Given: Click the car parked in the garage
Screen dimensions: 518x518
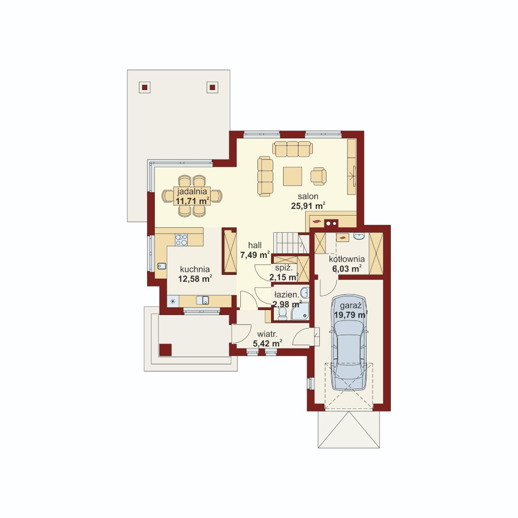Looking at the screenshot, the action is pos(349,342).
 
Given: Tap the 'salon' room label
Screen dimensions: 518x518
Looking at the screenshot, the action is pos(308,196).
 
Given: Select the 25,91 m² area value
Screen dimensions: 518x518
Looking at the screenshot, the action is pos(308,206).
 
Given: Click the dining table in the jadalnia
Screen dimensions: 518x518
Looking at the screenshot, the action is pos(192,196).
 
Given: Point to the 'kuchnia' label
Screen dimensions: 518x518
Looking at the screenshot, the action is pos(195,269).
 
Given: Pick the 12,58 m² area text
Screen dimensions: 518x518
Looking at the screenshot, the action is pos(195,279).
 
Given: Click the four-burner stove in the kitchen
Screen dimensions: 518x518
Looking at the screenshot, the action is pos(181,240).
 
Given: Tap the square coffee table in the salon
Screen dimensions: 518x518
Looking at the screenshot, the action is pos(292,176).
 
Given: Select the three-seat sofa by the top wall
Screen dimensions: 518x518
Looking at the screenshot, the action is pos(292,149).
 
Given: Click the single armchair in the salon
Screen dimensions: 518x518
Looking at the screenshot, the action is pos(318,176).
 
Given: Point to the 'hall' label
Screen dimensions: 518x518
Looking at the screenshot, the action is pos(255,245).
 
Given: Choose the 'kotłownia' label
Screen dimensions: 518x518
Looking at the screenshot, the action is pos(347,259).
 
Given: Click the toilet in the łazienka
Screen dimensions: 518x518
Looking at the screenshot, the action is pos(283,314).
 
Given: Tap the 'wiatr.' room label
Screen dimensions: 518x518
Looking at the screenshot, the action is pos(267,334).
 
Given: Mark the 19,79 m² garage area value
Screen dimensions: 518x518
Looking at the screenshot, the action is pos(351,315).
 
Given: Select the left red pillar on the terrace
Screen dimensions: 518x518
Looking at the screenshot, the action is pos(145,87).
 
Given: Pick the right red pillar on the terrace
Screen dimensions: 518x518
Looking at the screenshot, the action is pos(212,87).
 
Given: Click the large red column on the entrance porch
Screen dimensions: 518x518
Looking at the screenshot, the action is pos(165,350).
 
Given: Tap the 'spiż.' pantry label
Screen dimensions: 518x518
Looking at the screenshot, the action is pos(284,268).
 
